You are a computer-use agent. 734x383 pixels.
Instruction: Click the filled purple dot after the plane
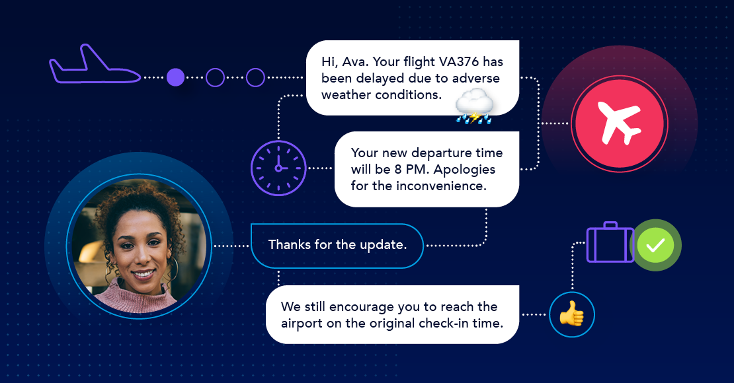click(x=175, y=77)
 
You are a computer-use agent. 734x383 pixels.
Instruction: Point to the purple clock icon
click(x=278, y=168)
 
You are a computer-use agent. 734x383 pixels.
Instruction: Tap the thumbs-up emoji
click(x=572, y=314)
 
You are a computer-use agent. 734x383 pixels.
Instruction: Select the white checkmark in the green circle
click(x=655, y=245)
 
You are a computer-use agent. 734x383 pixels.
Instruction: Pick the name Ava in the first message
click(x=354, y=61)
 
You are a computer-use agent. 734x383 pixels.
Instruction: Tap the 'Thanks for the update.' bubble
click(x=337, y=246)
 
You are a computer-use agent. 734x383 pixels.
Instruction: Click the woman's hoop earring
click(x=174, y=269)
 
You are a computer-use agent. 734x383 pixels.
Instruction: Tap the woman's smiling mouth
click(x=143, y=273)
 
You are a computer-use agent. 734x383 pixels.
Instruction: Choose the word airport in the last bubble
click(x=302, y=324)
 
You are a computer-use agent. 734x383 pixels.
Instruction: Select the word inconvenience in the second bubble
click(x=442, y=186)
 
